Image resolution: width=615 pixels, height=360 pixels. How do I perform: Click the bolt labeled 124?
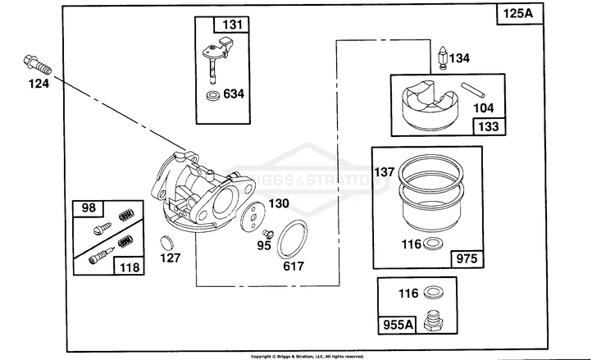coord(38,65)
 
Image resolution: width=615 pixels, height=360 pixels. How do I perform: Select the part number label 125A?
coord(518,14)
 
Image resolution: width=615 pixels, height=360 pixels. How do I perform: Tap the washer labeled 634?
coord(213,95)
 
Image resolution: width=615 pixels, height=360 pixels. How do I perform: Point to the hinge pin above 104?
coord(473,90)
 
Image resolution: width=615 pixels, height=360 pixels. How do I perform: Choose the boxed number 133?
coord(489,126)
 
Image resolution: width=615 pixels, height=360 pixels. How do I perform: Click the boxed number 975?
coord(467,258)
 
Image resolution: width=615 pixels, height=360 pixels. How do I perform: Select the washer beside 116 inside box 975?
coord(433,244)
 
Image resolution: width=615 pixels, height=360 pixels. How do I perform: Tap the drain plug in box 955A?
coord(434,321)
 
